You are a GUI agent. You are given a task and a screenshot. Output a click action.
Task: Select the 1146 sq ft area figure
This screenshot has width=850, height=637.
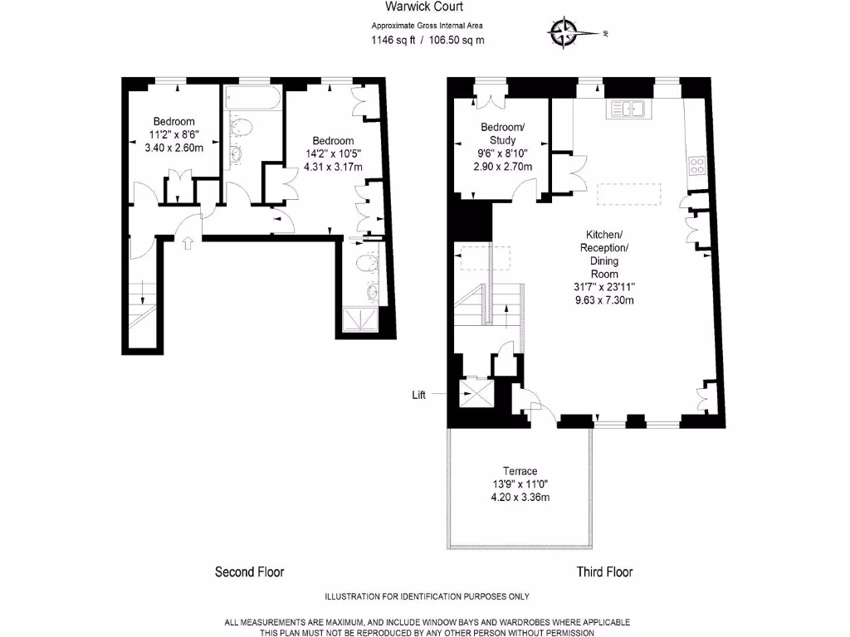393,39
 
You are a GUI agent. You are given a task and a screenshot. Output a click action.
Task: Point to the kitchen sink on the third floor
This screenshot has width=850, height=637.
630,109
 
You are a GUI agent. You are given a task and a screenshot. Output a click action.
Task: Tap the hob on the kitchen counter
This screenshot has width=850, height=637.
696,164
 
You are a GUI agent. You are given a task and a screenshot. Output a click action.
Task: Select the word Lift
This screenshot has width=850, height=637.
419,396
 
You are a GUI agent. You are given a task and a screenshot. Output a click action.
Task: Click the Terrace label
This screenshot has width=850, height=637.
520,470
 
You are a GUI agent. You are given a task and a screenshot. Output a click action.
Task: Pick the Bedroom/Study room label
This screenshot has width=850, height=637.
503,134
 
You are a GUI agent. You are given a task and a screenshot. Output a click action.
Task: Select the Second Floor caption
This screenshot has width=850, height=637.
249,571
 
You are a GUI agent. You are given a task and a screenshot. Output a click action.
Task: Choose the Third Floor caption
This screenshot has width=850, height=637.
604,571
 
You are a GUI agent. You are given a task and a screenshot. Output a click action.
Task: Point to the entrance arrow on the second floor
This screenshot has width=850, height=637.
188,243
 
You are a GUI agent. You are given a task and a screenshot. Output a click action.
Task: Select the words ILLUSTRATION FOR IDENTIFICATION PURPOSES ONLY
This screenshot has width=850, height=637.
426,597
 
